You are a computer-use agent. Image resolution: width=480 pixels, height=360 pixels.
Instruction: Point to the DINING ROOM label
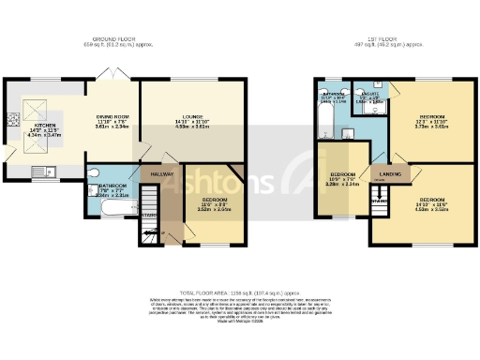(112, 115)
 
